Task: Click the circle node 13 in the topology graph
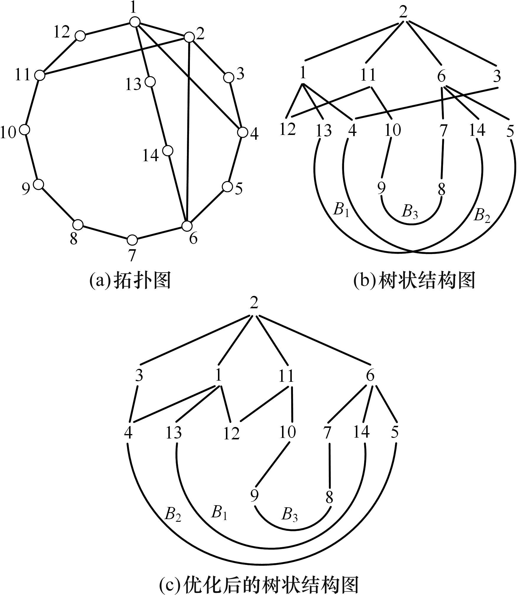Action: (151, 81)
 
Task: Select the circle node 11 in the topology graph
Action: (40, 75)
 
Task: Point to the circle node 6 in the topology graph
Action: (187, 226)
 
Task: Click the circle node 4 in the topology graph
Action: (243, 132)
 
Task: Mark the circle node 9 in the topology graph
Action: (38, 184)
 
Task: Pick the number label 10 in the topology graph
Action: (9, 132)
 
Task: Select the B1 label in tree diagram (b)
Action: (341, 210)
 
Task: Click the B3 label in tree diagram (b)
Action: (410, 211)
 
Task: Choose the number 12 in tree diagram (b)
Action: (288, 129)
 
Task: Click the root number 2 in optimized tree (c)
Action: (254, 303)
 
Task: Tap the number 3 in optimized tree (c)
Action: (139, 376)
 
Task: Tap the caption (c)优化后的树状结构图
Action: (259, 584)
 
